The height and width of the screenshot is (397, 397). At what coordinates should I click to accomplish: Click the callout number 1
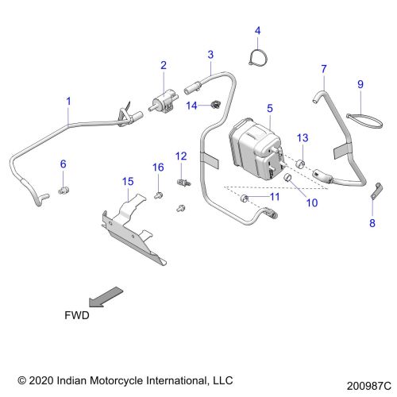(x=68, y=101)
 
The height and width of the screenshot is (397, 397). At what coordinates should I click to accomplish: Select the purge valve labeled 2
(x=164, y=102)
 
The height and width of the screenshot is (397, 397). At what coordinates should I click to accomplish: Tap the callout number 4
(x=257, y=31)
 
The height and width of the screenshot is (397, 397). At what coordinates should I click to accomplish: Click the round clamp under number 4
(x=258, y=57)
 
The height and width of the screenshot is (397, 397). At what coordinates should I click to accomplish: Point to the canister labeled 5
(x=256, y=149)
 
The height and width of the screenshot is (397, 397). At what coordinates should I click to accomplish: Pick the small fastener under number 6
(x=64, y=190)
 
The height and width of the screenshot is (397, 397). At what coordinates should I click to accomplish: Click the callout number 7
(x=324, y=69)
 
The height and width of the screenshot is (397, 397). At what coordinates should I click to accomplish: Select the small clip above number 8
(x=376, y=191)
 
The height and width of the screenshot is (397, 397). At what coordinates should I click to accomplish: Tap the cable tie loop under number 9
(x=364, y=121)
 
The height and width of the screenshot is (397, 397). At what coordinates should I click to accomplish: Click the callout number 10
(x=312, y=202)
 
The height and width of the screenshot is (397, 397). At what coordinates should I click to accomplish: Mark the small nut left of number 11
(x=245, y=198)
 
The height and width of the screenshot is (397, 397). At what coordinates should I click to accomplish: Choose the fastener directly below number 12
(x=183, y=183)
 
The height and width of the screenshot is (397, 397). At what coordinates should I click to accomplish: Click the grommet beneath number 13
(x=300, y=164)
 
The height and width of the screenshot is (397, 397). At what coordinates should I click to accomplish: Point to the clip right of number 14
(x=216, y=105)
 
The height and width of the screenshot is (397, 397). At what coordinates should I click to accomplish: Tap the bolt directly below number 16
(x=158, y=196)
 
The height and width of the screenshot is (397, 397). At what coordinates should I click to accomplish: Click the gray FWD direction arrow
(x=106, y=297)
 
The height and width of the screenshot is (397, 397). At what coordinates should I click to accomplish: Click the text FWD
(x=77, y=315)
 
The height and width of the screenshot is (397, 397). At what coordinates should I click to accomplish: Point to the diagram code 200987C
(x=369, y=386)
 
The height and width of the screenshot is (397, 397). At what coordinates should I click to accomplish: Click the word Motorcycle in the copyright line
(x=117, y=380)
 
